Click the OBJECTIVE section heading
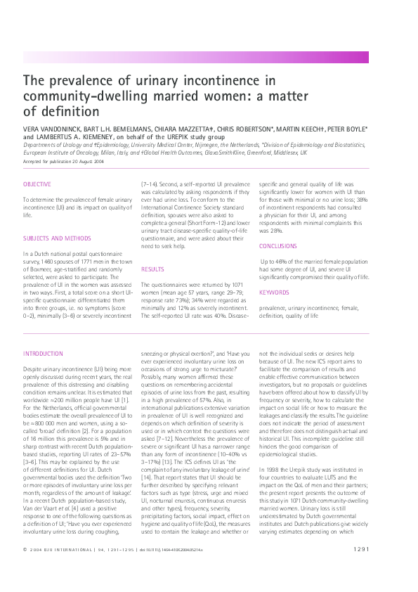tap(37, 185)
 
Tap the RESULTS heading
tap(152, 269)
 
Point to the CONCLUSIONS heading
tap(278, 246)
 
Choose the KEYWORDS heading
tap(273, 291)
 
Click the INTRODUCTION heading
tap(44, 354)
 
